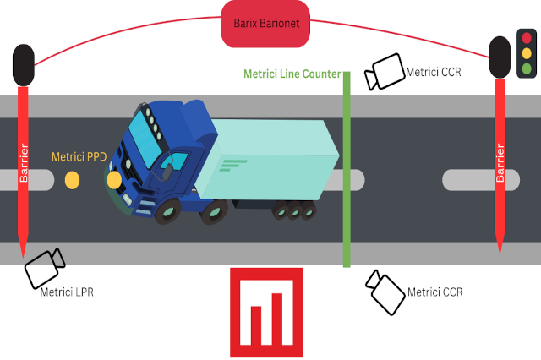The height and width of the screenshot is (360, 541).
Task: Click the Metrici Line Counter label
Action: [x=292, y=74]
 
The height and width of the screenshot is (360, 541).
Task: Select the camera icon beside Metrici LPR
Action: [x=44, y=269]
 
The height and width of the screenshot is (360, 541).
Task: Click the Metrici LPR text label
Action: [x=67, y=292]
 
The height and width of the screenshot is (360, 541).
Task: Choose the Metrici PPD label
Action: [x=79, y=156]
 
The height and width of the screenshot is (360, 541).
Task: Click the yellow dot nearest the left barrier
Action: [x=72, y=179]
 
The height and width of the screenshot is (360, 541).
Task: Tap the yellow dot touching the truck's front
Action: [x=114, y=179]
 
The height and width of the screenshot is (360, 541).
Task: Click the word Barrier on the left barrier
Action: [x=23, y=165]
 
